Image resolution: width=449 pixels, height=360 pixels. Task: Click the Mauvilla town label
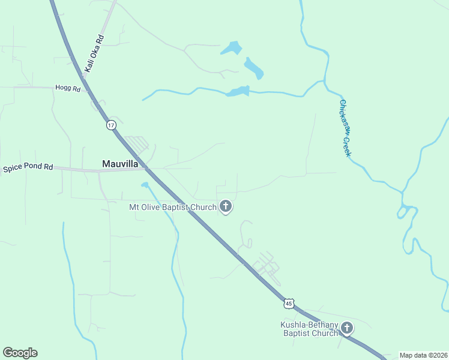click(120, 163)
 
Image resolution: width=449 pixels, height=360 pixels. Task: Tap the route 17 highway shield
click(110, 125)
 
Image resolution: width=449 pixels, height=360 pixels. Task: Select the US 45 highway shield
click(289, 304)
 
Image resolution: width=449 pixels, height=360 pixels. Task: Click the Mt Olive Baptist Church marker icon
click(226, 207)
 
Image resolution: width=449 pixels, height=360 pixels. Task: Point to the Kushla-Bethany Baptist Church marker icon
click(347, 328)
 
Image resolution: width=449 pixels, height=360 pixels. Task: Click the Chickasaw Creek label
click(345, 128)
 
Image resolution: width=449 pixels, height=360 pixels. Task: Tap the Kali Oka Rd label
click(94, 54)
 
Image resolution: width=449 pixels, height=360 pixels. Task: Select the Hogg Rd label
click(67, 88)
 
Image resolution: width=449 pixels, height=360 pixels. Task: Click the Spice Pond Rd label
click(28, 168)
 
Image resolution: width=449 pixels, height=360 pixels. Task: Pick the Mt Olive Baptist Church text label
click(173, 208)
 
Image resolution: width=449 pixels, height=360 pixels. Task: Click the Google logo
click(20, 353)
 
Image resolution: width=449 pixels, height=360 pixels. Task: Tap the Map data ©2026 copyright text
click(423, 355)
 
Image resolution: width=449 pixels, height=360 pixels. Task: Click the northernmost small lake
click(231, 48)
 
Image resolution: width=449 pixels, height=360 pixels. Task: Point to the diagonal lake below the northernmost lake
click(253, 68)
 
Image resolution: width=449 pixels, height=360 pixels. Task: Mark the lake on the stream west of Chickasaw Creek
click(238, 91)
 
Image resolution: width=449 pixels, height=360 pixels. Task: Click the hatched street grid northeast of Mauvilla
click(137, 144)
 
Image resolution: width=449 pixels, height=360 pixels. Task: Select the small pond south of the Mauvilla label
click(145, 185)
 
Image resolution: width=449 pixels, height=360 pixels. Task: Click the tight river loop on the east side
click(406, 212)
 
